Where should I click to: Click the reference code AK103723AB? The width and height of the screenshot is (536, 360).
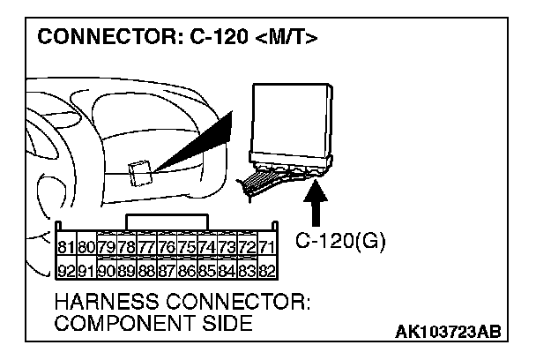(450, 332)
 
